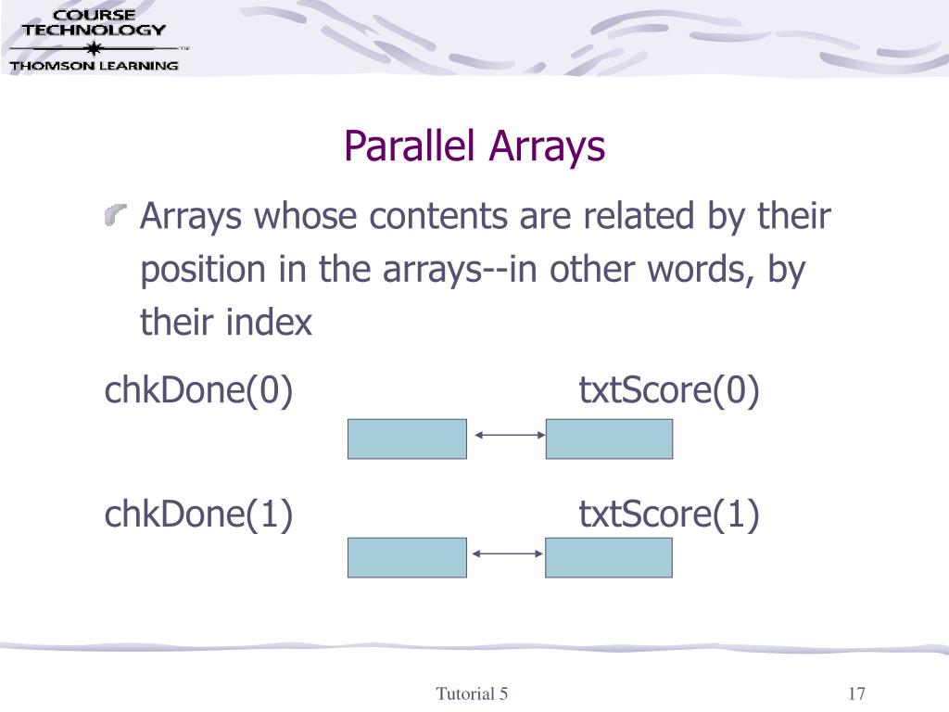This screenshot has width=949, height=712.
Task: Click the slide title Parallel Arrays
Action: [x=474, y=146]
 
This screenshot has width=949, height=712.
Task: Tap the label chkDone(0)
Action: [x=198, y=391]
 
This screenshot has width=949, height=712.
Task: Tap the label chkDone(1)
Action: [x=198, y=515]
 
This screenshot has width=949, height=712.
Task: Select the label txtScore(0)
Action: [x=669, y=391]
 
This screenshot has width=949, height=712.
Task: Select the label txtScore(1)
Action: [x=669, y=515]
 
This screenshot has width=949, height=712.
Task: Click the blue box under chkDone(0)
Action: [x=407, y=439]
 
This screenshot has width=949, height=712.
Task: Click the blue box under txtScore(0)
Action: [x=609, y=439]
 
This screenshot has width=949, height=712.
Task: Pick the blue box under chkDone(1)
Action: [x=407, y=557]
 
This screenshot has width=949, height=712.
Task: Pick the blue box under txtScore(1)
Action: [x=609, y=557]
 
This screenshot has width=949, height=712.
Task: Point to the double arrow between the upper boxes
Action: [x=507, y=434]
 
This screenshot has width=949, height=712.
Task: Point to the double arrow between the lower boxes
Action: [x=507, y=553]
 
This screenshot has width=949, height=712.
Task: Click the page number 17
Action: [x=855, y=694]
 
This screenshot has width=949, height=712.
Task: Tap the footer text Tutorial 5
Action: [x=473, y=694]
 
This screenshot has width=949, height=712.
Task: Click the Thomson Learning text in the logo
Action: [x=94, y=65]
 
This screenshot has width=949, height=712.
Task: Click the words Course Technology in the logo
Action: [x=94, y=22]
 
